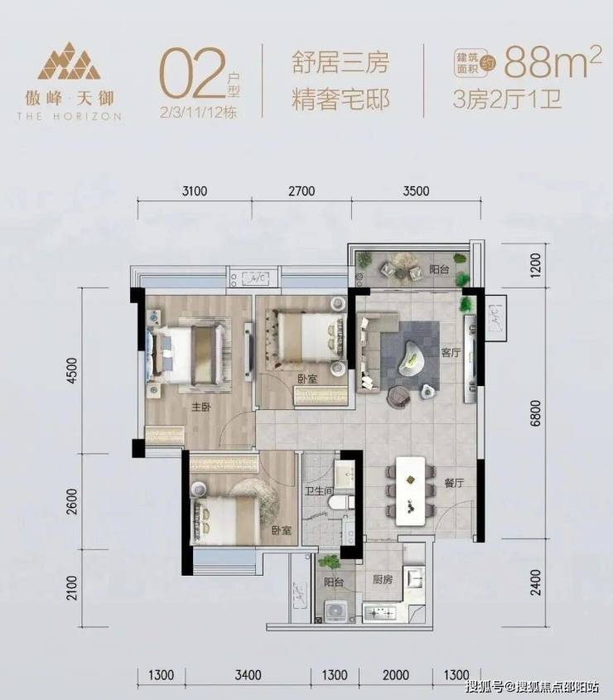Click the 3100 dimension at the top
(x=195, y=191)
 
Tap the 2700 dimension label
(x=302, y=191)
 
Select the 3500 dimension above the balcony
(x=416, y=191)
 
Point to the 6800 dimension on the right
(x=535, y=413)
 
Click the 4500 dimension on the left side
(x=71, y=370)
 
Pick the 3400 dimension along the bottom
(x=248, y=674)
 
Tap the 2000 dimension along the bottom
(x=396, y=674)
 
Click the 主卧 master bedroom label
(x=201, y=407)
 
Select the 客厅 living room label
(x=451, y=352)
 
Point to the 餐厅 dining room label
(x=454, y=483)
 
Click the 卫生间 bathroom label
(x=319, y=491)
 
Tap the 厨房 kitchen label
(x=383, y=579)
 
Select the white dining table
(x=411, y=490)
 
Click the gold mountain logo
(x=70, y=61)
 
